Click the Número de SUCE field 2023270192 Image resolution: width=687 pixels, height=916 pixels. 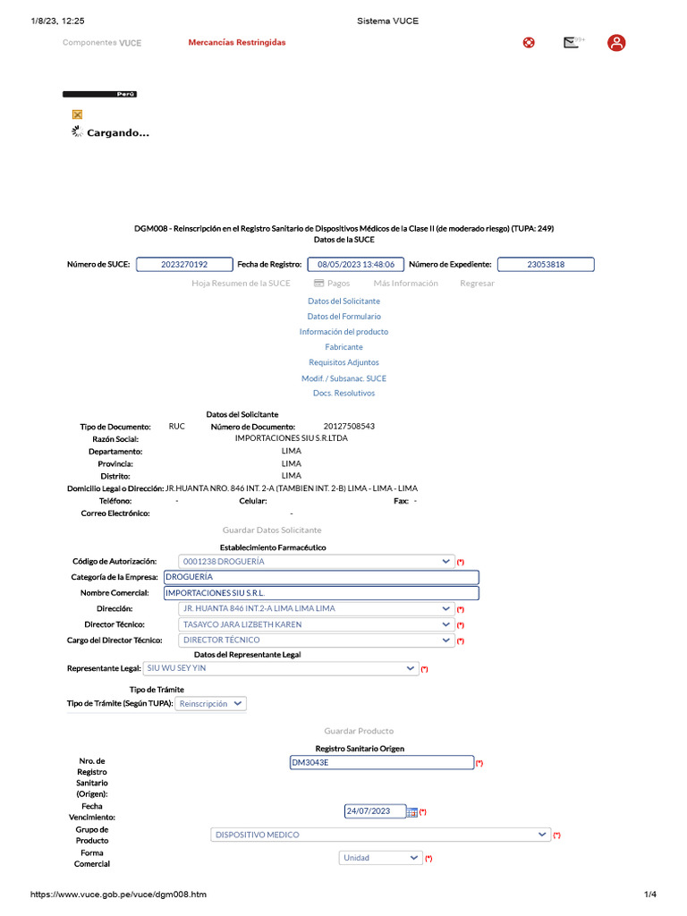coord(184,265)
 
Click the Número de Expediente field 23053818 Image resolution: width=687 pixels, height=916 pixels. coord(545,265)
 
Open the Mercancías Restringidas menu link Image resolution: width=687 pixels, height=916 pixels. coord(237,43)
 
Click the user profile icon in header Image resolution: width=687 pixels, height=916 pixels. coord(616,43)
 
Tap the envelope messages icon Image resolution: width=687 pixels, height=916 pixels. coord(571,42)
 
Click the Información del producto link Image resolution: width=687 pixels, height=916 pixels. coord(343,332)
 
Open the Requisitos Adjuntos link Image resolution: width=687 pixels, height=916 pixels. coord(343,362)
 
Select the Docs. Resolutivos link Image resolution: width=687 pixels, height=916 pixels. coord(343,394)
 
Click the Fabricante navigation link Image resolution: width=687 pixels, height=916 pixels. coord(343,347)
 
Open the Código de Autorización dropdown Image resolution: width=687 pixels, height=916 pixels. coord(316,562)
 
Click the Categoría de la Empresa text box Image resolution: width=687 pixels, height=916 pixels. coord(320,577)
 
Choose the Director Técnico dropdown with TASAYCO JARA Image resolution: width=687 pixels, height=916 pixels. coord(316,624)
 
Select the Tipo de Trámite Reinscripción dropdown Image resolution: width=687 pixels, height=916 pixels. coord(211,704)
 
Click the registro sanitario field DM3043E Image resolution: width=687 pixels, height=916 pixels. coord(381,763)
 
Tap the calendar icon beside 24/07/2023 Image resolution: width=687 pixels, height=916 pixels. coord(411,812)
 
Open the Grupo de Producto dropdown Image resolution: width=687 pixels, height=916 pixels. coord(380,835)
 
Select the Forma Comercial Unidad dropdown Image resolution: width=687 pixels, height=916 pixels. coord(380,858)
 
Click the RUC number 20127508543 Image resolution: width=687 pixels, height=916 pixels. coord(349,427)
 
